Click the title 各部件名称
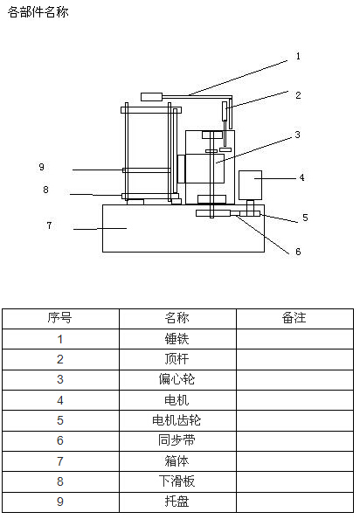(38, 12)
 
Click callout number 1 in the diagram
(298, 56)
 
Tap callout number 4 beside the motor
(301, 177)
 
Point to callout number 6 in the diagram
(298, 252)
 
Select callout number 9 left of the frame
(41, 167)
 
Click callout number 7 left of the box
(49, 225)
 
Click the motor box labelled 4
(250, 185)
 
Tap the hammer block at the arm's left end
(151, 97)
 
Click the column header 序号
(60, 318)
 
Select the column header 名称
(177, 318)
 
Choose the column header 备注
(294, 318)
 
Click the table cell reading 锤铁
(177, 339)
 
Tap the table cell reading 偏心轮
(177, 379)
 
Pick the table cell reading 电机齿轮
(177, 420)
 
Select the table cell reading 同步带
(177, 440)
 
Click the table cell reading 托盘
(177, 502)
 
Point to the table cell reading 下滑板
(177, 481)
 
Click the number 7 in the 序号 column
(60, 461)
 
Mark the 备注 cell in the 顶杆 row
(294, 359)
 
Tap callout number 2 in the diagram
(298, 95)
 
